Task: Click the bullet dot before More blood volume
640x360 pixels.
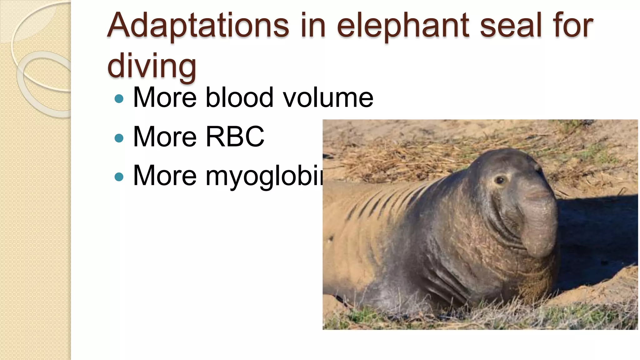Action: pyautogui.click(x=119, y=99)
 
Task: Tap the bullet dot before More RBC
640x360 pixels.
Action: pyautogui.click(x=119, y=138)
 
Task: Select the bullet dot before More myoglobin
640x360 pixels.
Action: pyautogui.click(x=119, y=177)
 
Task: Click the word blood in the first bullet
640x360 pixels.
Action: pyautogui.click(x=239, y=97)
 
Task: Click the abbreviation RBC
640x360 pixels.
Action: pyautogui.click(x=235, y=137)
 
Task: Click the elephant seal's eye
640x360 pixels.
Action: pyautogui.click(x=500, y=180)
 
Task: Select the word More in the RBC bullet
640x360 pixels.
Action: pyautogui.click(x=165, y=137)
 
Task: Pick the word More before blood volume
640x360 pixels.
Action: pyautogui.click(x=165, y=97)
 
